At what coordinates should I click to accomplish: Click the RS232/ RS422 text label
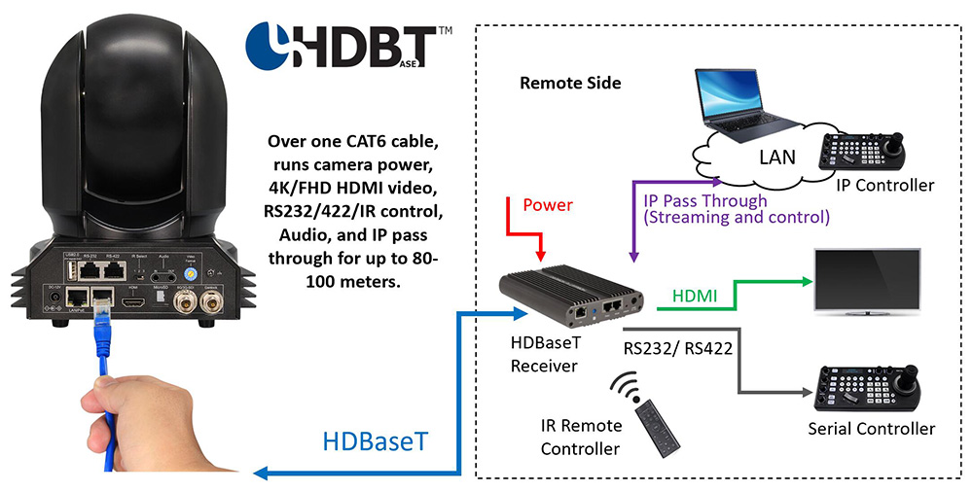[678, 345]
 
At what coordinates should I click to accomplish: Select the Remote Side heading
[570, 83]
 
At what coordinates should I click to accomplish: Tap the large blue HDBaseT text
[376, 441]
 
